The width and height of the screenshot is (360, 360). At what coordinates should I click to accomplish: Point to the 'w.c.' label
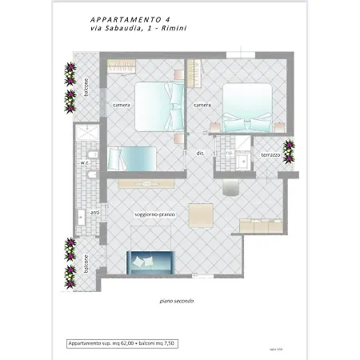83,162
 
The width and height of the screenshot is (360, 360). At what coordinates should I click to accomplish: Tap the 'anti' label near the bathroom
94,212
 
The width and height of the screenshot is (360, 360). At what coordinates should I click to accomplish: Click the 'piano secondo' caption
176,301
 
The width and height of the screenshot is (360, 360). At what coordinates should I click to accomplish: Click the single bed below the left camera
131,157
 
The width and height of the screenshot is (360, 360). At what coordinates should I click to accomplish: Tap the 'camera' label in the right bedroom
202,106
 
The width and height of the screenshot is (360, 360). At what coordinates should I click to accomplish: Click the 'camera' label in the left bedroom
122,106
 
